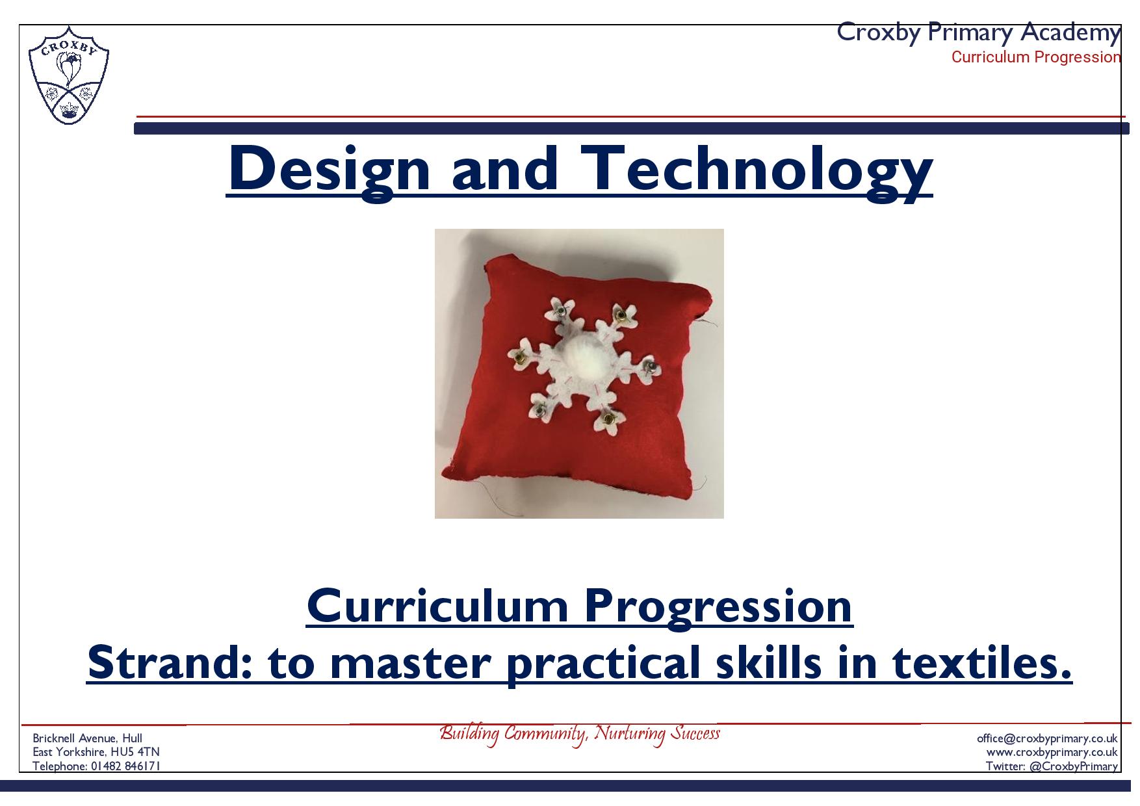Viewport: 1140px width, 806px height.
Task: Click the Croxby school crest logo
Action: tap(69, 75)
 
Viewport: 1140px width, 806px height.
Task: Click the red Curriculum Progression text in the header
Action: tap(1036, 57)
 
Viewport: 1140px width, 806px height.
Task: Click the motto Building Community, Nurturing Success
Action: tap(580, 734)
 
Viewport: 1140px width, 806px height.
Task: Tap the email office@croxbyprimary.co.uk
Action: tap(1047, 738)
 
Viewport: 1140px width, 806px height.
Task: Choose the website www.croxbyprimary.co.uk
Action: tap(1052, 752)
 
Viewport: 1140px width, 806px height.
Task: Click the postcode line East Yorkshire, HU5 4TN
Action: tap(96, 752)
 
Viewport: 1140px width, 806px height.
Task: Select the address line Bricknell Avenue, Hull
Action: tap(88, 738)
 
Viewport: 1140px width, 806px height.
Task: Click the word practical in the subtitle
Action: tap(602, 664)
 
